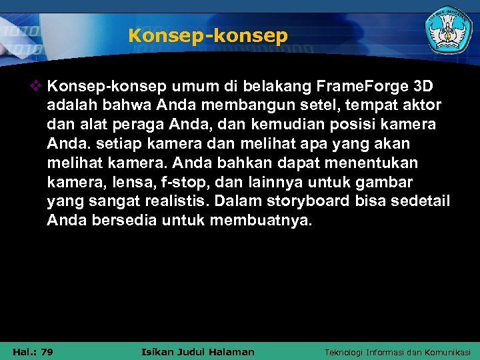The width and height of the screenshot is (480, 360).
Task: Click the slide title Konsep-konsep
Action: click(208, 36)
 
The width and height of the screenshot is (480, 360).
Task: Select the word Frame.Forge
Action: click(361, 86)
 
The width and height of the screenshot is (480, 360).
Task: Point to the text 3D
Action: click(423, 86)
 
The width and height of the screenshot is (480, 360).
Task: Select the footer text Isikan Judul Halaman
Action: click(199, 352)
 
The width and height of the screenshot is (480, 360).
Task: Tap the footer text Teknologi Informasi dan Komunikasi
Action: click(397, 352)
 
